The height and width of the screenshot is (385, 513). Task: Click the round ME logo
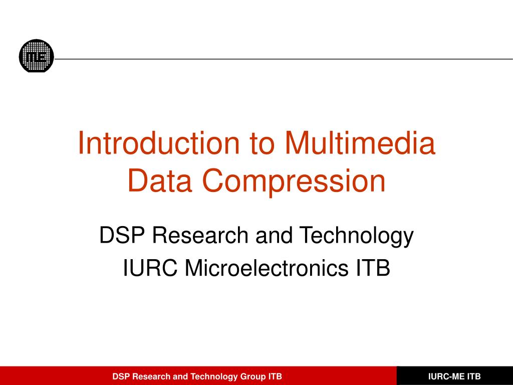36,56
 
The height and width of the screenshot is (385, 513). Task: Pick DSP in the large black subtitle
122,236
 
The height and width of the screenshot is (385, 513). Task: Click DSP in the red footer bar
121,376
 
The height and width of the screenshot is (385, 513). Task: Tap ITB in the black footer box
474,376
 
